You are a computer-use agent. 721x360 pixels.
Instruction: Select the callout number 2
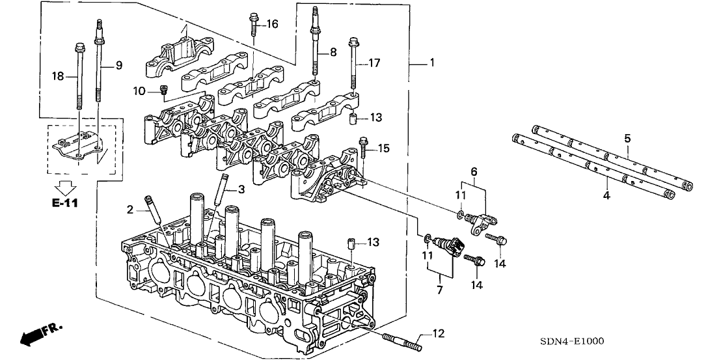point(130,209)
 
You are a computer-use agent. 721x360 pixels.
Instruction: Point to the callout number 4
point(606,195)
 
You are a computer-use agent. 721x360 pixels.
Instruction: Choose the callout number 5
point(627,138)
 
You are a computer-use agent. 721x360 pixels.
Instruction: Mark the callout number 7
point(439,286)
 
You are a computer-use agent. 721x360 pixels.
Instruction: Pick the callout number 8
point(334,51)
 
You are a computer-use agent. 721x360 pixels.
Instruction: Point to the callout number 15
point(385,149)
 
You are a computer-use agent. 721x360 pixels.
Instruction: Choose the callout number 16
point(271,24)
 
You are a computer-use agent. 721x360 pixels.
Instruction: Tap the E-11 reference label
point(64,204)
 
